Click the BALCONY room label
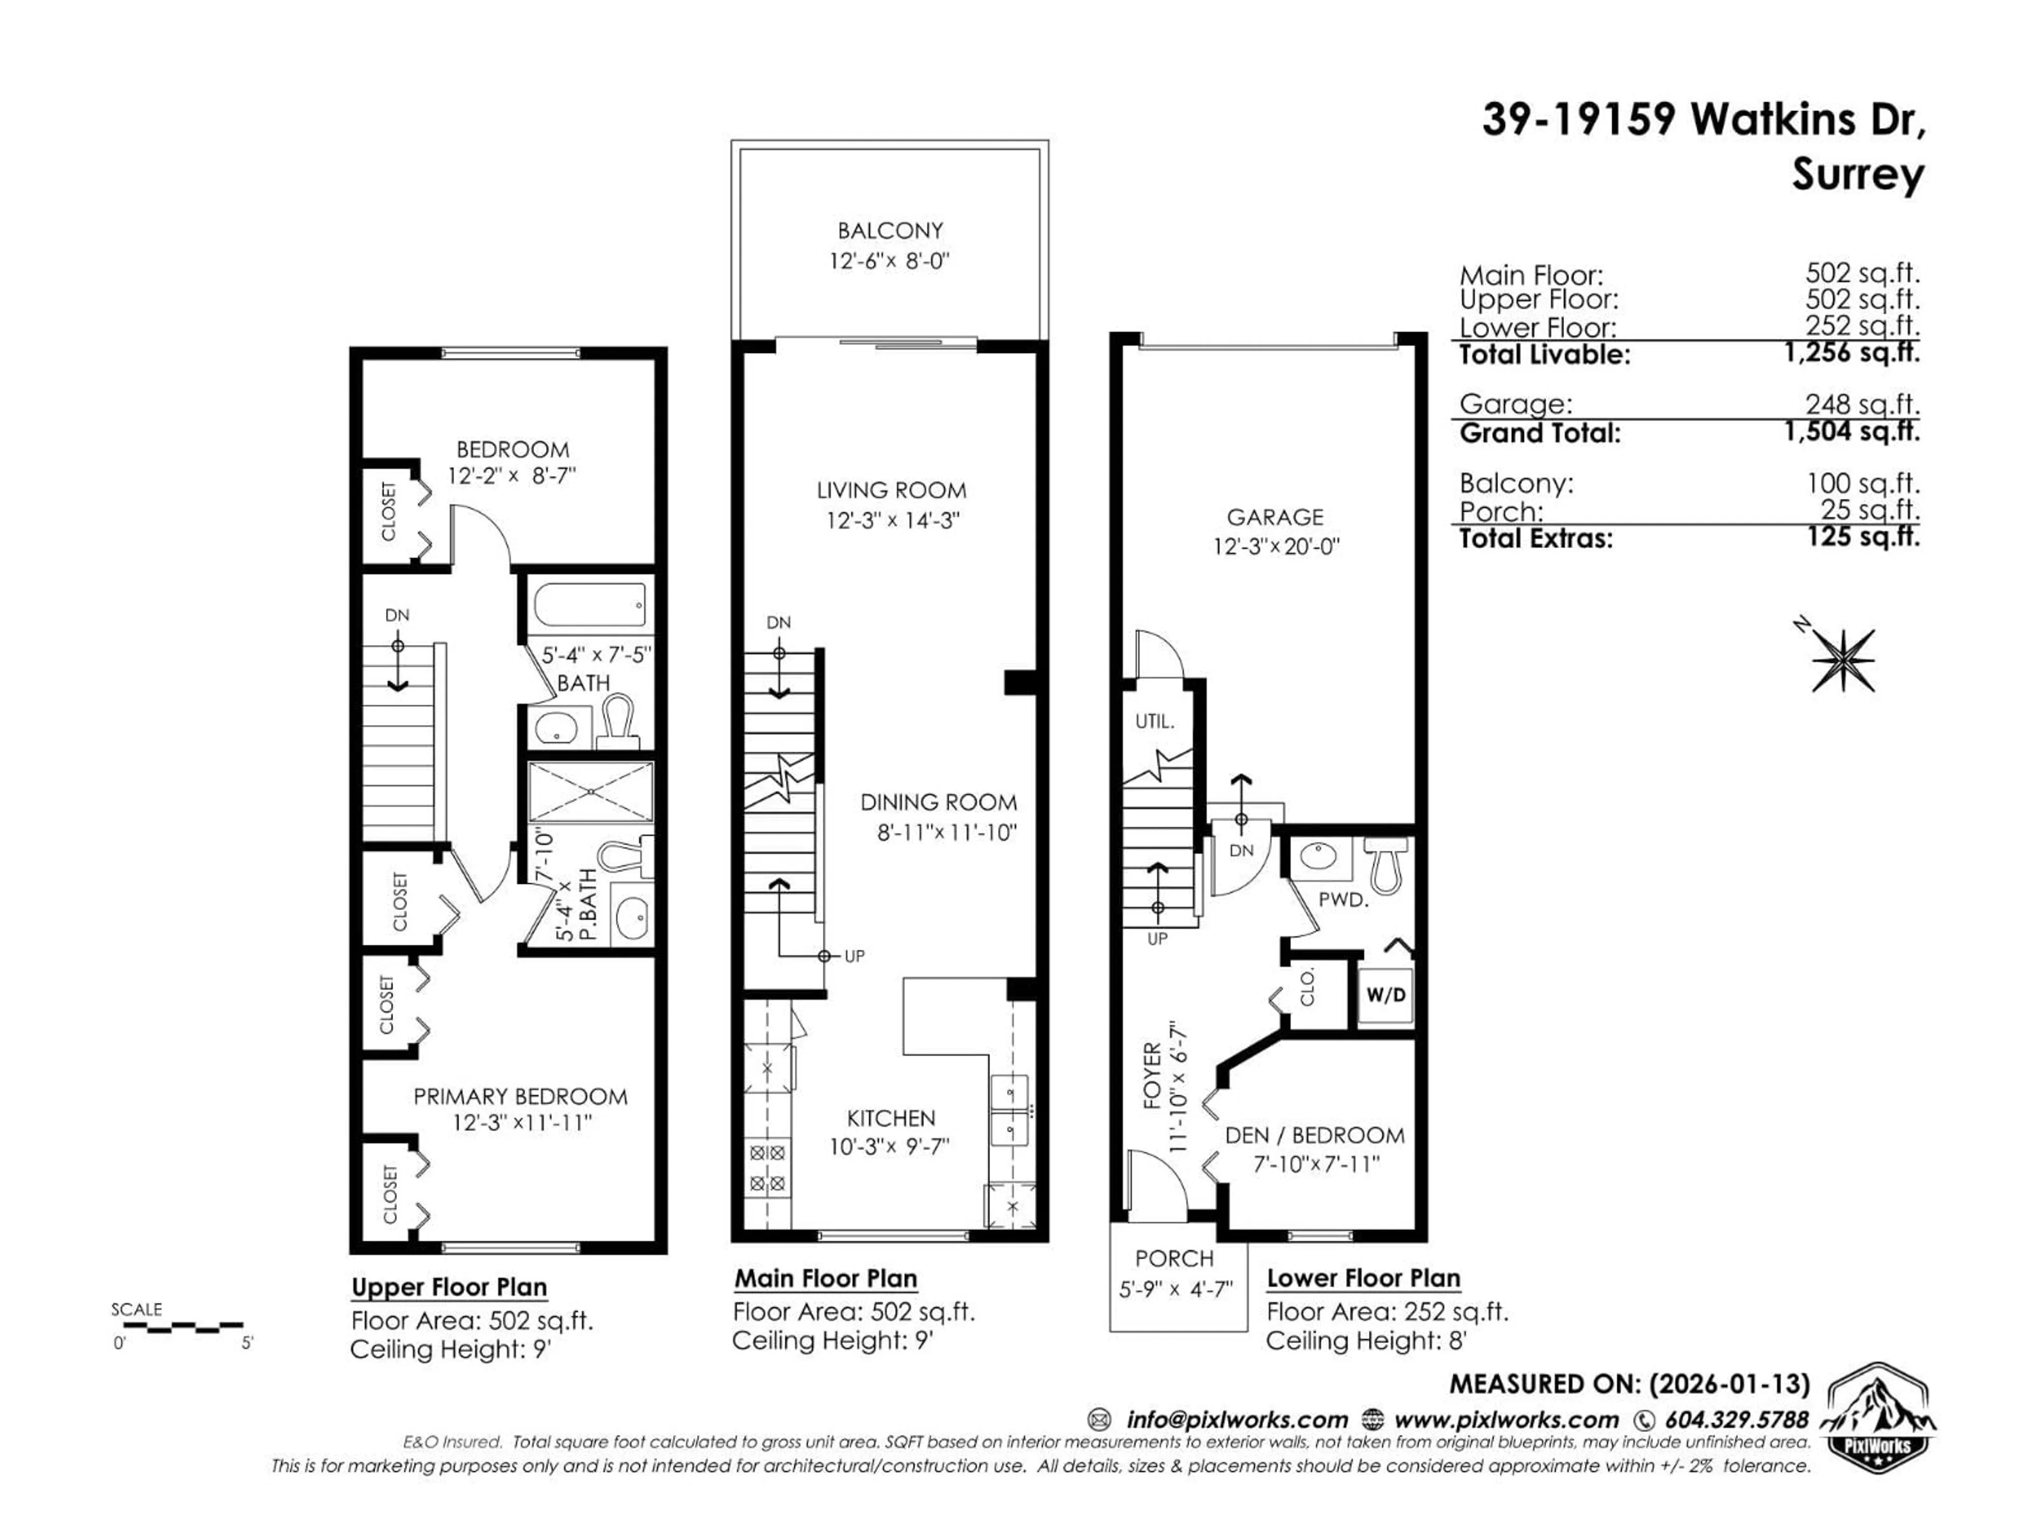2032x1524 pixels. click(x=889, y=231)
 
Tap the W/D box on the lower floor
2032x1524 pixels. click(x=1385, y=995)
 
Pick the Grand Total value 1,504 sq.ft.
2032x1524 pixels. click(x=1852, y=432)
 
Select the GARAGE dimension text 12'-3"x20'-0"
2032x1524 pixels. click(x=1276, y=547)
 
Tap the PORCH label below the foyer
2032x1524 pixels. click(x=1174, y=1258)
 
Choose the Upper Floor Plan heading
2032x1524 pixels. click(x=449, y=1287)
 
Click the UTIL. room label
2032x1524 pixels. click(x=1155, y=722)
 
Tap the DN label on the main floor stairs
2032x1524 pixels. click(x=778, y=622)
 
